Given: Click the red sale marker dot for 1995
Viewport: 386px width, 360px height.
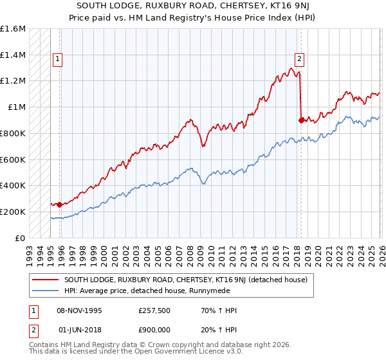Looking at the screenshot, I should click(60, 204).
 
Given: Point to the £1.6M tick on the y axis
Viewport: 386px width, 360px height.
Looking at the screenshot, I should click(13, 29).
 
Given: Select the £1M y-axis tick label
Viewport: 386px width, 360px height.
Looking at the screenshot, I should click(16, 107).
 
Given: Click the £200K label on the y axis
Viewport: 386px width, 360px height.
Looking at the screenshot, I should click(13, 212).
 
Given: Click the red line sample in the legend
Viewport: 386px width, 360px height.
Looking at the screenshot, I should click(46, 280).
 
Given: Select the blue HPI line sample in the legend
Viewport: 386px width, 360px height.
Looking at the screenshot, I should click(46, 290).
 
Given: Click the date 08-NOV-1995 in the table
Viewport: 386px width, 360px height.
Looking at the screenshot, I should click(80, 310).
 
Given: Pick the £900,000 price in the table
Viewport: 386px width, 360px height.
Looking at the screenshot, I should click(154, 328).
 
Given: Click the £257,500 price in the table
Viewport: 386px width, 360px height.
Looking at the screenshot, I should click(154, 310).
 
